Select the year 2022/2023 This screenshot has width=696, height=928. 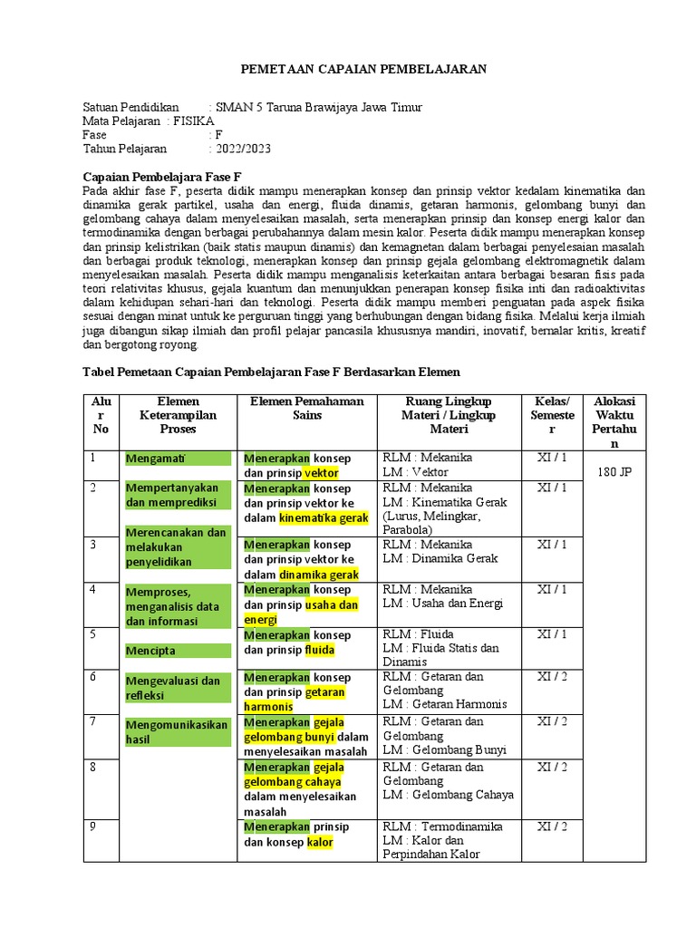243,149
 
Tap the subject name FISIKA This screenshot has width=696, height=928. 194,121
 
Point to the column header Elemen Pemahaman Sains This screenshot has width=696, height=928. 306,408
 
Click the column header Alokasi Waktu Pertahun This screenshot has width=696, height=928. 614,422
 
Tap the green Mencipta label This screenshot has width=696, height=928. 151,651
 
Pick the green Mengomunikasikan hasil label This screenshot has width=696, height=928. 177,731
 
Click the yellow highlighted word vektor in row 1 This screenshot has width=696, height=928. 322,473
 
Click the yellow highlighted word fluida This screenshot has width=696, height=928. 320,651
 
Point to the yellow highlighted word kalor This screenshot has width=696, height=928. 320,842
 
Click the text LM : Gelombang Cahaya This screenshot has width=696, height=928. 448,795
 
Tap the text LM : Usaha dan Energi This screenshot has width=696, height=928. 441,603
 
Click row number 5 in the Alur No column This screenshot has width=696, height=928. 92,634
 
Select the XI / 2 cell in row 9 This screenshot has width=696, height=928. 551,826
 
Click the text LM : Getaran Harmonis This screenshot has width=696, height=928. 444,704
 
